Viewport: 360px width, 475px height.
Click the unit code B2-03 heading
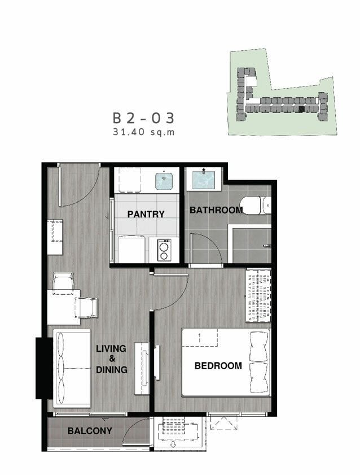pos(143,118)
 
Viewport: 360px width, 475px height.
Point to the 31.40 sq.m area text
pos(144,132)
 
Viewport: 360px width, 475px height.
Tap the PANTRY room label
pos(146,214)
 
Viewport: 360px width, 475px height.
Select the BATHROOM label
pos(216,210)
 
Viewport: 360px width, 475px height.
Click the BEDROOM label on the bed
pos(218,365)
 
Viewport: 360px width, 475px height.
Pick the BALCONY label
pos(90,430)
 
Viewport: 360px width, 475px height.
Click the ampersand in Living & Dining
pos(112,359)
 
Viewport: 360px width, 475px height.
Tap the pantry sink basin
pos(164,181)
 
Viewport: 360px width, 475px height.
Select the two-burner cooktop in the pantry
pos(164,250)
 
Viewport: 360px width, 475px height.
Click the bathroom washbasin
pos(204,180)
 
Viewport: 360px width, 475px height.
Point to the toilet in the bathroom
pos(256,206)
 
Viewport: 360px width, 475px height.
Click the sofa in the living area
pos(72,368)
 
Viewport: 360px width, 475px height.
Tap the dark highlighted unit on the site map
pos(301,110)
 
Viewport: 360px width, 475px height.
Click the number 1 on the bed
pos(199,337)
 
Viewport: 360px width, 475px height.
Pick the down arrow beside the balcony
pos(173,445)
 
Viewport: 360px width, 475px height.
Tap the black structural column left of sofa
pos(44,368)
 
